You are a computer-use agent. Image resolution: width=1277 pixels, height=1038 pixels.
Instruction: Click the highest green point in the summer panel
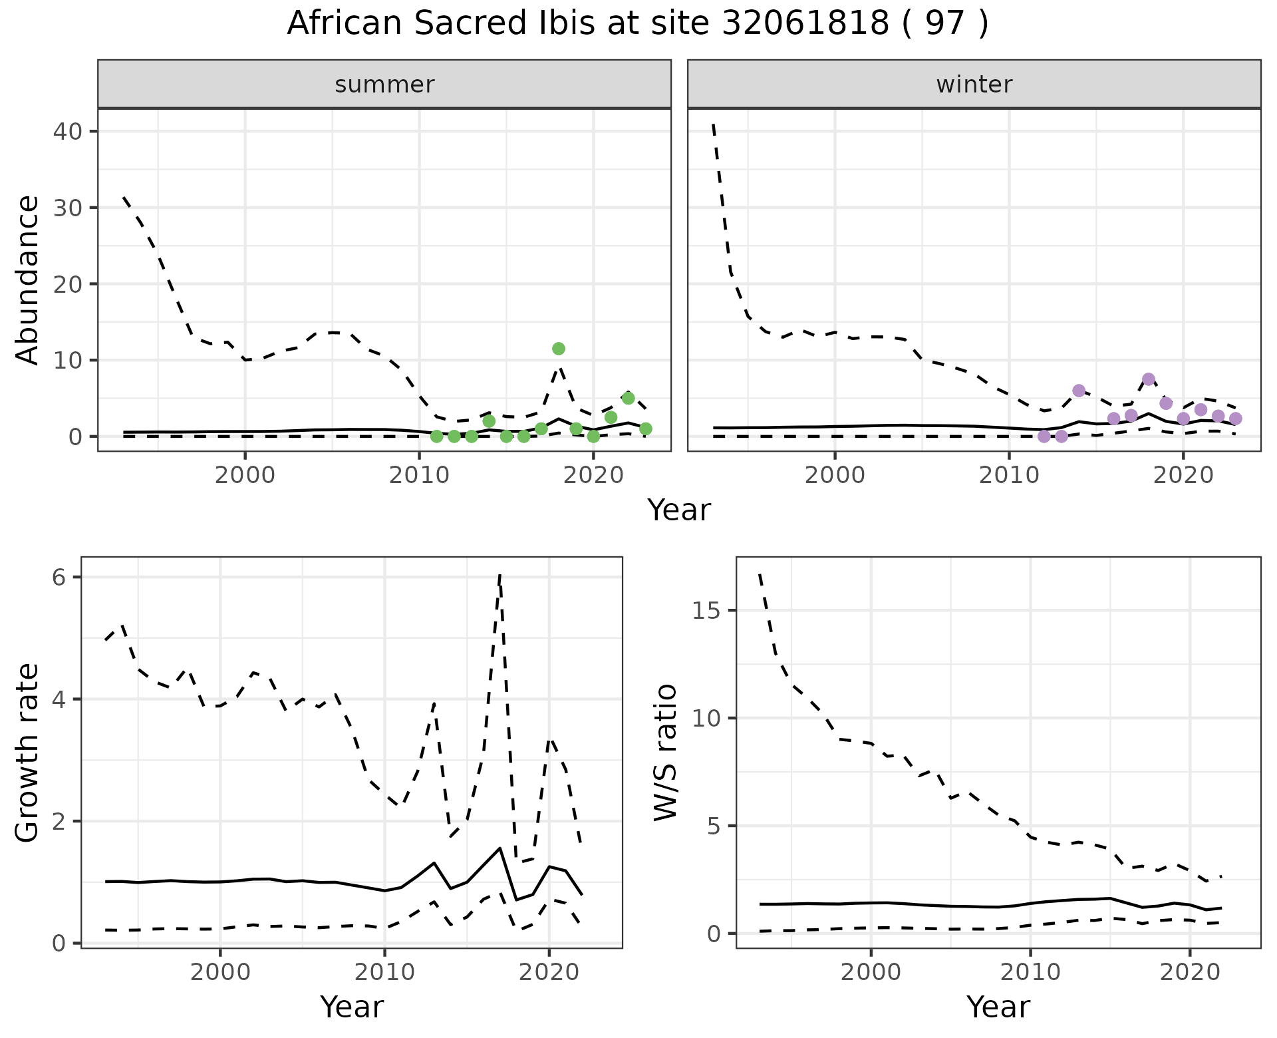pyautogui.click(x=559, y=349)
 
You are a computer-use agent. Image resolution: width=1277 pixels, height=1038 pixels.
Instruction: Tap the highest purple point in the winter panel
pyautogui.click(x=1149, y=379)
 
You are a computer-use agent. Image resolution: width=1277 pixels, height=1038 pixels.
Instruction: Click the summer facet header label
pyautogui.click(x=384, y=85)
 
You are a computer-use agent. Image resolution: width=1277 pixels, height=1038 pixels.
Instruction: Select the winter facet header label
pyautogui.click(x=974, y=85)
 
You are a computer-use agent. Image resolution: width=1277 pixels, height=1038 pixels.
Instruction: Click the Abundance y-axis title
pyautogui.click(x=28, y=279)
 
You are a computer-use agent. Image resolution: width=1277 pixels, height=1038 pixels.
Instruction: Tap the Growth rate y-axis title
pyautogui.click(x=28, y=753)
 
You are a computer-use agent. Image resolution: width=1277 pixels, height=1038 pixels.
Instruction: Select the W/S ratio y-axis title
pyautogui.click(x=665, y=753)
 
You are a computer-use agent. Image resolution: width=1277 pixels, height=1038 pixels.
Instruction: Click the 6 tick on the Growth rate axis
pyautogui.click(x=59, y=577)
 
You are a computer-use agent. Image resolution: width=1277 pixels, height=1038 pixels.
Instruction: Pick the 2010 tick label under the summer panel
pyautogui.click(x=419, y=476)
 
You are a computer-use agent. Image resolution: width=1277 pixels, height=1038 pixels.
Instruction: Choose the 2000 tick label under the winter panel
pyautogui.click(x=835, y=476)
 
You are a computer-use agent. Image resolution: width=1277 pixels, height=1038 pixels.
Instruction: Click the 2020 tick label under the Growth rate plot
pyautogui.click(x=549, y=972)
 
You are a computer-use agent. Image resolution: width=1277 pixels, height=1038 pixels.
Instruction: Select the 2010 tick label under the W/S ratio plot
pyautogui.click(x=1030, y=972)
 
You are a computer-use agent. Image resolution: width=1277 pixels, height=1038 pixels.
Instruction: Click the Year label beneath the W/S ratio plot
pyautogui.click(x=998, y=1007)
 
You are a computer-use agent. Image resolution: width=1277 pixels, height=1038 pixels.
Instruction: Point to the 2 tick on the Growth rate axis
pyautogui.click(x=59, y=821)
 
